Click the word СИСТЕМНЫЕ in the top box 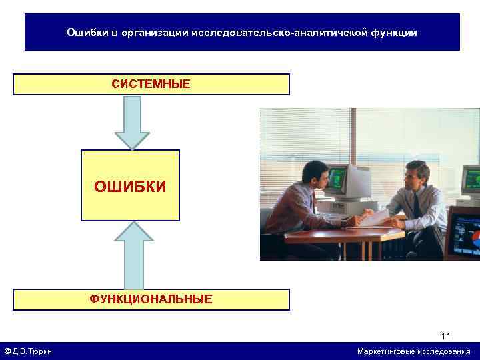(x=151, y=84)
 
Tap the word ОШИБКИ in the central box (x=130, y=186)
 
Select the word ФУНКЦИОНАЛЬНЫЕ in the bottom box (x=151, y=299)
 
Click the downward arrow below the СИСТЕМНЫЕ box (x=132, y=123)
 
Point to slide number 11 (x=446, y=335)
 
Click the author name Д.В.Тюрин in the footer (x=33, y=351)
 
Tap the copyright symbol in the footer (x=7, y=351)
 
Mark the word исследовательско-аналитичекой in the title (x=280, y=32)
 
